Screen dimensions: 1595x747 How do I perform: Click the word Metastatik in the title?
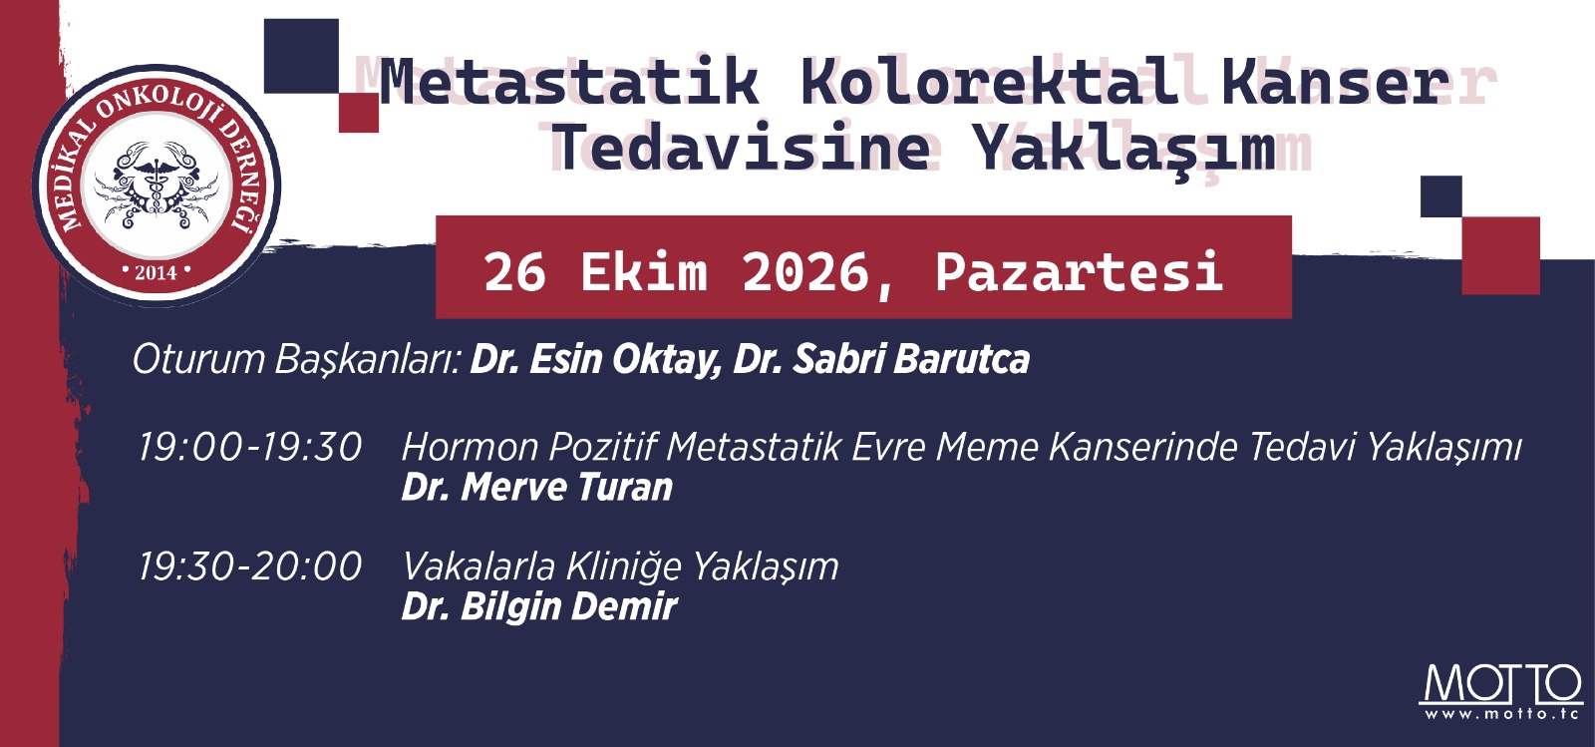point(569,82)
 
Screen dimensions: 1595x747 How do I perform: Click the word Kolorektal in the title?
point(991,82)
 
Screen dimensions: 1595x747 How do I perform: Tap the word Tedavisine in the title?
point(742,146)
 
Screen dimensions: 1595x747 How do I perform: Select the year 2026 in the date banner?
point(805,272)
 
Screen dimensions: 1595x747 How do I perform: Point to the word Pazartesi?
point(1080,272)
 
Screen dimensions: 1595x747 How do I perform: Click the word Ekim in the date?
point(644,272)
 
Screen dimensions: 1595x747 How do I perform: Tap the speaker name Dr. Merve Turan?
point(537,488)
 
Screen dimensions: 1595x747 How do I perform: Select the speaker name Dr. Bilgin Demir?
point(539,606)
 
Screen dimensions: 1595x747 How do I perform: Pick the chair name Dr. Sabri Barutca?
point(881,358)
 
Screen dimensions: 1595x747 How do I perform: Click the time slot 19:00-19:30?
point(250,448)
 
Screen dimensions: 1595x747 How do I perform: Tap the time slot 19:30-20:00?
point(250,566)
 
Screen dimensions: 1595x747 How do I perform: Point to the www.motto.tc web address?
point(1501,713)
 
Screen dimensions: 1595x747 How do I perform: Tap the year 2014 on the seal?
point(156,272)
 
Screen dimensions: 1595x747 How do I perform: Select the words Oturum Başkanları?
point(298,360)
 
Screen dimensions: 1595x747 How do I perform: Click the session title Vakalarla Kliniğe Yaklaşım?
point(620,567)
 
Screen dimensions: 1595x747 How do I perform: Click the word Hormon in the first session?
point(470,448)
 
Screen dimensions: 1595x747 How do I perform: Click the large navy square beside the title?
point(301,56)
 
